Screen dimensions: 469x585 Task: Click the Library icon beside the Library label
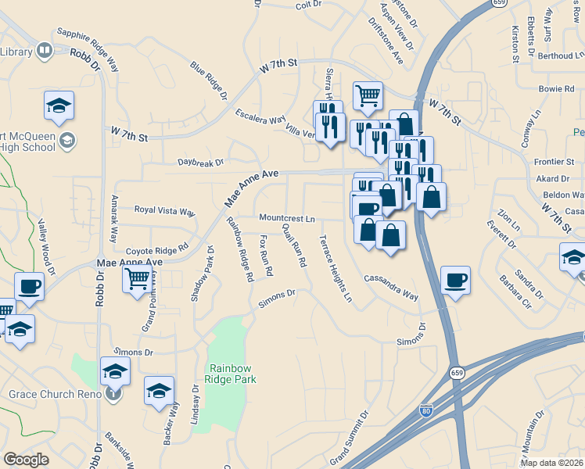[45, 52]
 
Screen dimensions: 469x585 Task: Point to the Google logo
[26, 459]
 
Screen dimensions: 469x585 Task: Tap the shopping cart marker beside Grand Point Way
[138, 277]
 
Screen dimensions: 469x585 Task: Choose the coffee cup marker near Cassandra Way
[455, 281]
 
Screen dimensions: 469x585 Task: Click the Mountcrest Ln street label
[287, 219]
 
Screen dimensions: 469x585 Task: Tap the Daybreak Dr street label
[201, 163]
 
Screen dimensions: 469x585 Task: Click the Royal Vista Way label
[164, 210]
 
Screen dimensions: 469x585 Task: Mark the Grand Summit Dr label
[349, 438]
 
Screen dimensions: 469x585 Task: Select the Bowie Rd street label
[557, 89]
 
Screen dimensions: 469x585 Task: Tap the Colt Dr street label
[308, 5]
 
